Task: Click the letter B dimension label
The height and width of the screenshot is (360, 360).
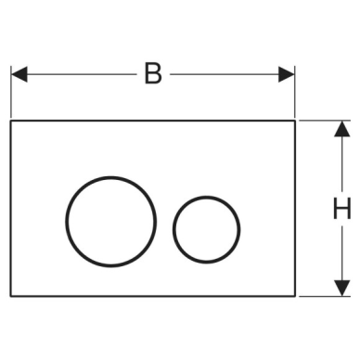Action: [x=153, y=73]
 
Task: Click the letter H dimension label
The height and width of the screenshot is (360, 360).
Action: [x=341, y=208]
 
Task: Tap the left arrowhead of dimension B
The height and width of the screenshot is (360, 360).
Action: [x=19, y=74]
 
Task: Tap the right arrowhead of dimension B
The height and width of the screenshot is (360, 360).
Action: [x=287, y=74]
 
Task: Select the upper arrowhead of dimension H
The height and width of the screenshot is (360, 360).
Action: [x=342, y=128]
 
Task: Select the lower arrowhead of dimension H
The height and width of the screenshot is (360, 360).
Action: [x=342, y=288]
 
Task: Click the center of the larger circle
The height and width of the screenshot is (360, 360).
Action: [x=110, y=222]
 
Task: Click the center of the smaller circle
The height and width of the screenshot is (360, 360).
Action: [x=206, y=229]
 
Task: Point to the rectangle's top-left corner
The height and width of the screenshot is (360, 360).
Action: [x=11, y=121]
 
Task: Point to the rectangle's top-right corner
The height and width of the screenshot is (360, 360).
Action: [x=295, y=121]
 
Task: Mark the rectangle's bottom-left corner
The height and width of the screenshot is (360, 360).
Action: [x=11, y=296]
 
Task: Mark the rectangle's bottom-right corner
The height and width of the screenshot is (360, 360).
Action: [x=295, y=296]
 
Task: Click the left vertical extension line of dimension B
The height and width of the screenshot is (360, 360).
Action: [x=11, y=92]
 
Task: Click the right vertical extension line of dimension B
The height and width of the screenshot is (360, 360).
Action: [x=295, y=92]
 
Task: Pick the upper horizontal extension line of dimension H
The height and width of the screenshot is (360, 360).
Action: [x=325, y=121]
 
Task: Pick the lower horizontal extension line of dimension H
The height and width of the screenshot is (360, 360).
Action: [x=325, y=296]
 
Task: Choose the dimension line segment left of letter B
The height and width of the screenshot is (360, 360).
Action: [x=82, y=74]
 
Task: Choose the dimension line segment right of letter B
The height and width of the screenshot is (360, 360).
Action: [x=225, y=74]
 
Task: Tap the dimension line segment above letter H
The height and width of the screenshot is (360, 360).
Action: [x=342, y=163]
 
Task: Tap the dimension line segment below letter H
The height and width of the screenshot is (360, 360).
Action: [x=342, y=253]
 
